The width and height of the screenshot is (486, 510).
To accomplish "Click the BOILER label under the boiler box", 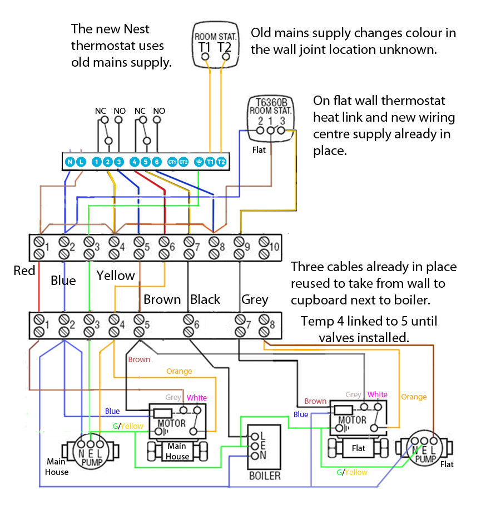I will click(x=265, y=476).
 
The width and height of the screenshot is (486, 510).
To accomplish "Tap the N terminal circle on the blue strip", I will click(x=70, y=162).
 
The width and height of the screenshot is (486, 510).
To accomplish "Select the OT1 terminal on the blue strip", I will click(x=172, y=162).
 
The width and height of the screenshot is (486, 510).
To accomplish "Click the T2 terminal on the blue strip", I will click(x=221, y=162).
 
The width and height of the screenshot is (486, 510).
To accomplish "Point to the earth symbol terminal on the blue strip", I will click(x=199, y=162).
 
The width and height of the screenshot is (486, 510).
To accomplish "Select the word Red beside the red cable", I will click(x=24, y=271).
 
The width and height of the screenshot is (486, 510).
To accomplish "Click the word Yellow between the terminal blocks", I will click(x=116, y=276).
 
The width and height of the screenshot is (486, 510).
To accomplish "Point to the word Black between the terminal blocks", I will click(x=205, y=299).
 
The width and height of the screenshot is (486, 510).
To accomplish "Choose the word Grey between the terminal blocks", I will click(x=255, y=299).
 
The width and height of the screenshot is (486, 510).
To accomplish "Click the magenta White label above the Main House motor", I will click(x=197, y=398).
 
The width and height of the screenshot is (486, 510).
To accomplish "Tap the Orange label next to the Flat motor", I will click(x=414, y=397).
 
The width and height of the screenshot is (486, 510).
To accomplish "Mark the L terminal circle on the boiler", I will click(x=255, y=436).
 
